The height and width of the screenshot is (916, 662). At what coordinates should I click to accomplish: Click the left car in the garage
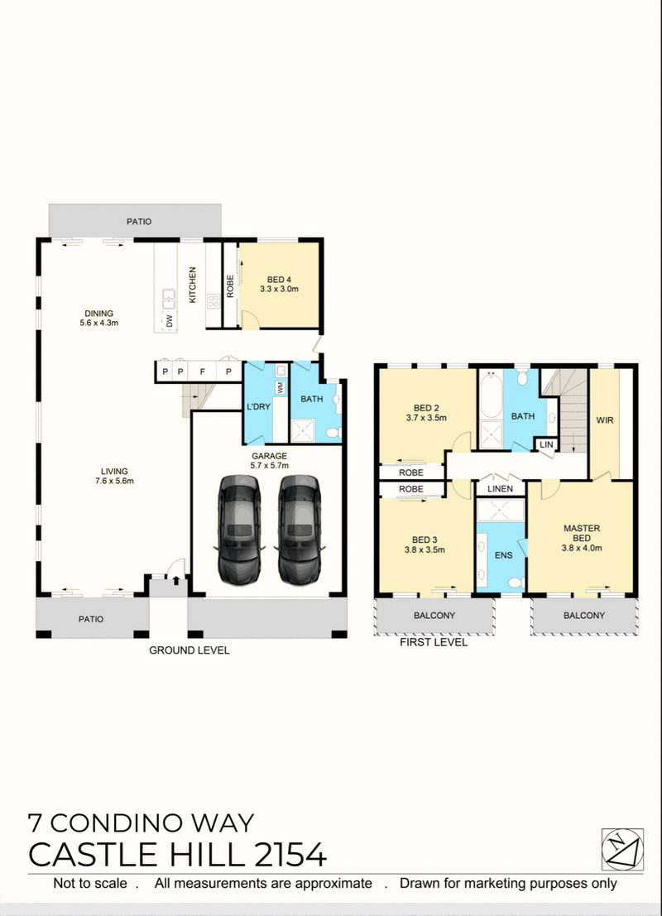point(239,530)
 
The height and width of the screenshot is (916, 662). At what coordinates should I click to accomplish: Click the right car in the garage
point(300,530)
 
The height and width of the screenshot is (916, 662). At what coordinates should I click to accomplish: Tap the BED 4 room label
point(280,284)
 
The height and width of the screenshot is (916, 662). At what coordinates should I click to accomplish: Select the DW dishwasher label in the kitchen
point(170,321)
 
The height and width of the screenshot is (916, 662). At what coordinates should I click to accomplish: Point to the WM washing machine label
point(281,387)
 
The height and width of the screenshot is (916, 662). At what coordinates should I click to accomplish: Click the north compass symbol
point(622,850)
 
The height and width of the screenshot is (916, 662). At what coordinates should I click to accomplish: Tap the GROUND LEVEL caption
point(189,650)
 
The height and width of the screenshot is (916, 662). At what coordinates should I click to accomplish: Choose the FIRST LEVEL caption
point(434,642)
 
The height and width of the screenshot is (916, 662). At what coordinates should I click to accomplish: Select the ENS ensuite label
point(504,555)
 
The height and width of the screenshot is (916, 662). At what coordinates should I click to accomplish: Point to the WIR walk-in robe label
point(605,420)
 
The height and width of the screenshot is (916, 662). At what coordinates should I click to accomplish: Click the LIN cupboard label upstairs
point(546,444)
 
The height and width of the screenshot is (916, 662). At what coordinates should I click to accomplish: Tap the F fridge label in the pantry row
point(203,372)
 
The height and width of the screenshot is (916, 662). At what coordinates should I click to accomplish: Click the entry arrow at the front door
point(176,579)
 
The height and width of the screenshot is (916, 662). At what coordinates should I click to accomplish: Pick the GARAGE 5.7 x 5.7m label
point(270,460)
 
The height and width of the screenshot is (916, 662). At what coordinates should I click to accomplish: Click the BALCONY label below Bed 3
point(434,615)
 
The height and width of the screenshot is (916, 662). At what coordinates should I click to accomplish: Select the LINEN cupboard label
point(500,488)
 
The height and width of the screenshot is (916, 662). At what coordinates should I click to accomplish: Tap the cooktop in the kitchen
point(213,302)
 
